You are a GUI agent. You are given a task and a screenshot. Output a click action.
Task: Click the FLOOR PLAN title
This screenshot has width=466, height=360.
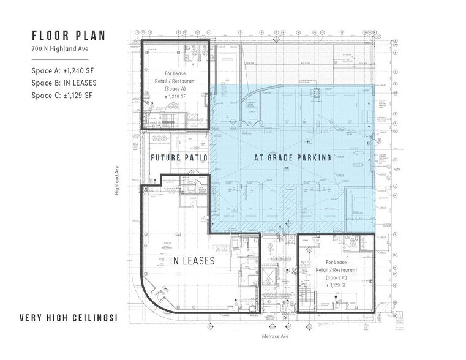click(x=68, y=35)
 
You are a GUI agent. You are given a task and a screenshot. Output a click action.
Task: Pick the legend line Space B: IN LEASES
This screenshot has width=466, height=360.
click(x=64, y=83)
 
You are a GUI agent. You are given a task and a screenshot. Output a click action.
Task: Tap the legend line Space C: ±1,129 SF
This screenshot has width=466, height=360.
click(x=62, y=95)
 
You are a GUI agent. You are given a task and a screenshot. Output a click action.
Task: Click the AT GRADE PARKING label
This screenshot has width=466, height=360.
click(x=293, y=158)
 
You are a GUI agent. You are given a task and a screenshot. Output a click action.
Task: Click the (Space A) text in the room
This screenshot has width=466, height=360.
click(x=176, y=88)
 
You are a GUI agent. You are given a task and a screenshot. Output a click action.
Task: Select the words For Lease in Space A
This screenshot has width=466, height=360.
click(x=176, y=73)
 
